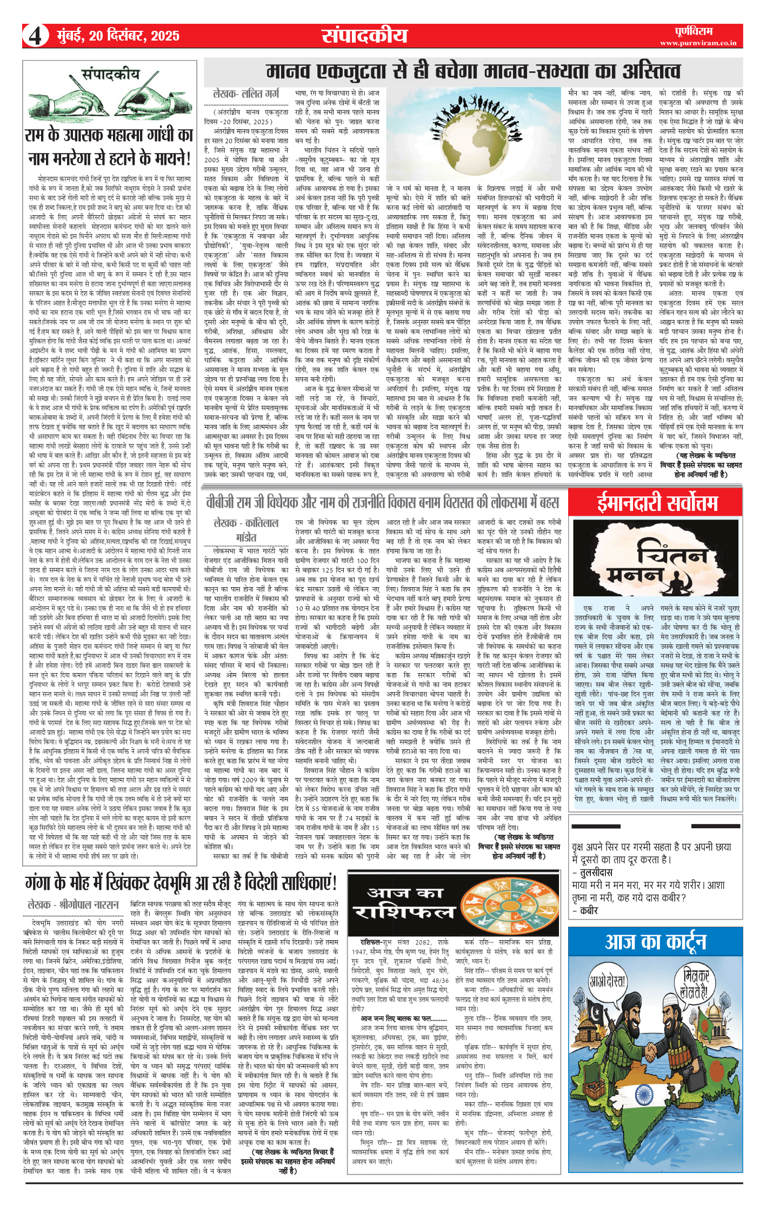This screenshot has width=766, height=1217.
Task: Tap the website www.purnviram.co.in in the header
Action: click(698, 43)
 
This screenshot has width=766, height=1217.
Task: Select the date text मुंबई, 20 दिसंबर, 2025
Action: click(118, 36)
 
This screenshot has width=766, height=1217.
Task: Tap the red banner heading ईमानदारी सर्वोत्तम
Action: click(657, 503)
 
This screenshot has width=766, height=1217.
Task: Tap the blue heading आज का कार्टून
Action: click(656, 941)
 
